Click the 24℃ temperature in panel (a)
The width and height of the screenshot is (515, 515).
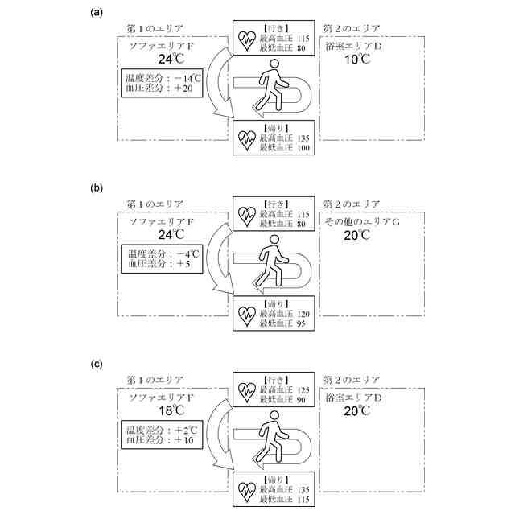coord(171,59)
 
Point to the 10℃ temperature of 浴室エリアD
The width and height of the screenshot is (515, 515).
coord(358,59)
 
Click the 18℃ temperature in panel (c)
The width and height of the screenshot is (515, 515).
coord(171,410)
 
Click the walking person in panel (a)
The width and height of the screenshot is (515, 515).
coord(272,85)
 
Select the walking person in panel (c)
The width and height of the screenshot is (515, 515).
coord(272,436)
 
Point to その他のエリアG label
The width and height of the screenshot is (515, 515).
coord(362,220)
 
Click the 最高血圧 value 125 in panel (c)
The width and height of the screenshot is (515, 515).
coord(304,389)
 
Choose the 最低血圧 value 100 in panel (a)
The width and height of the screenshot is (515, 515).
coord(304,148)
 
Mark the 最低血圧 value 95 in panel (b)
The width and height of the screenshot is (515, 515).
coord(303,324)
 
